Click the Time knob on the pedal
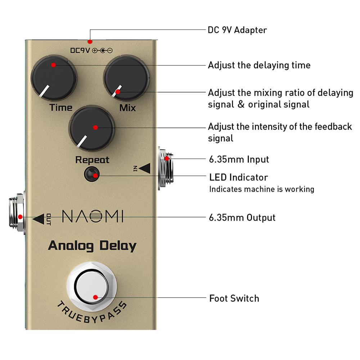coord(54,77)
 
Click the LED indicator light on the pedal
coord(92,175)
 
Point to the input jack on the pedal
coord(166,168)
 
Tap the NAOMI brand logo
coord(93,217)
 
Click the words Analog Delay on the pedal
coord(92,246)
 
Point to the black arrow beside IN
coord(144,168)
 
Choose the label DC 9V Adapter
coord(237,30)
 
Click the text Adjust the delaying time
coord(259,65)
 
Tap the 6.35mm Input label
coord(239,159)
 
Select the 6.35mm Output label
coord(242,217)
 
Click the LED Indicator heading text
coord(239,177)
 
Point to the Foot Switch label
coord(234,298)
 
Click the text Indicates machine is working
coord(262,189)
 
